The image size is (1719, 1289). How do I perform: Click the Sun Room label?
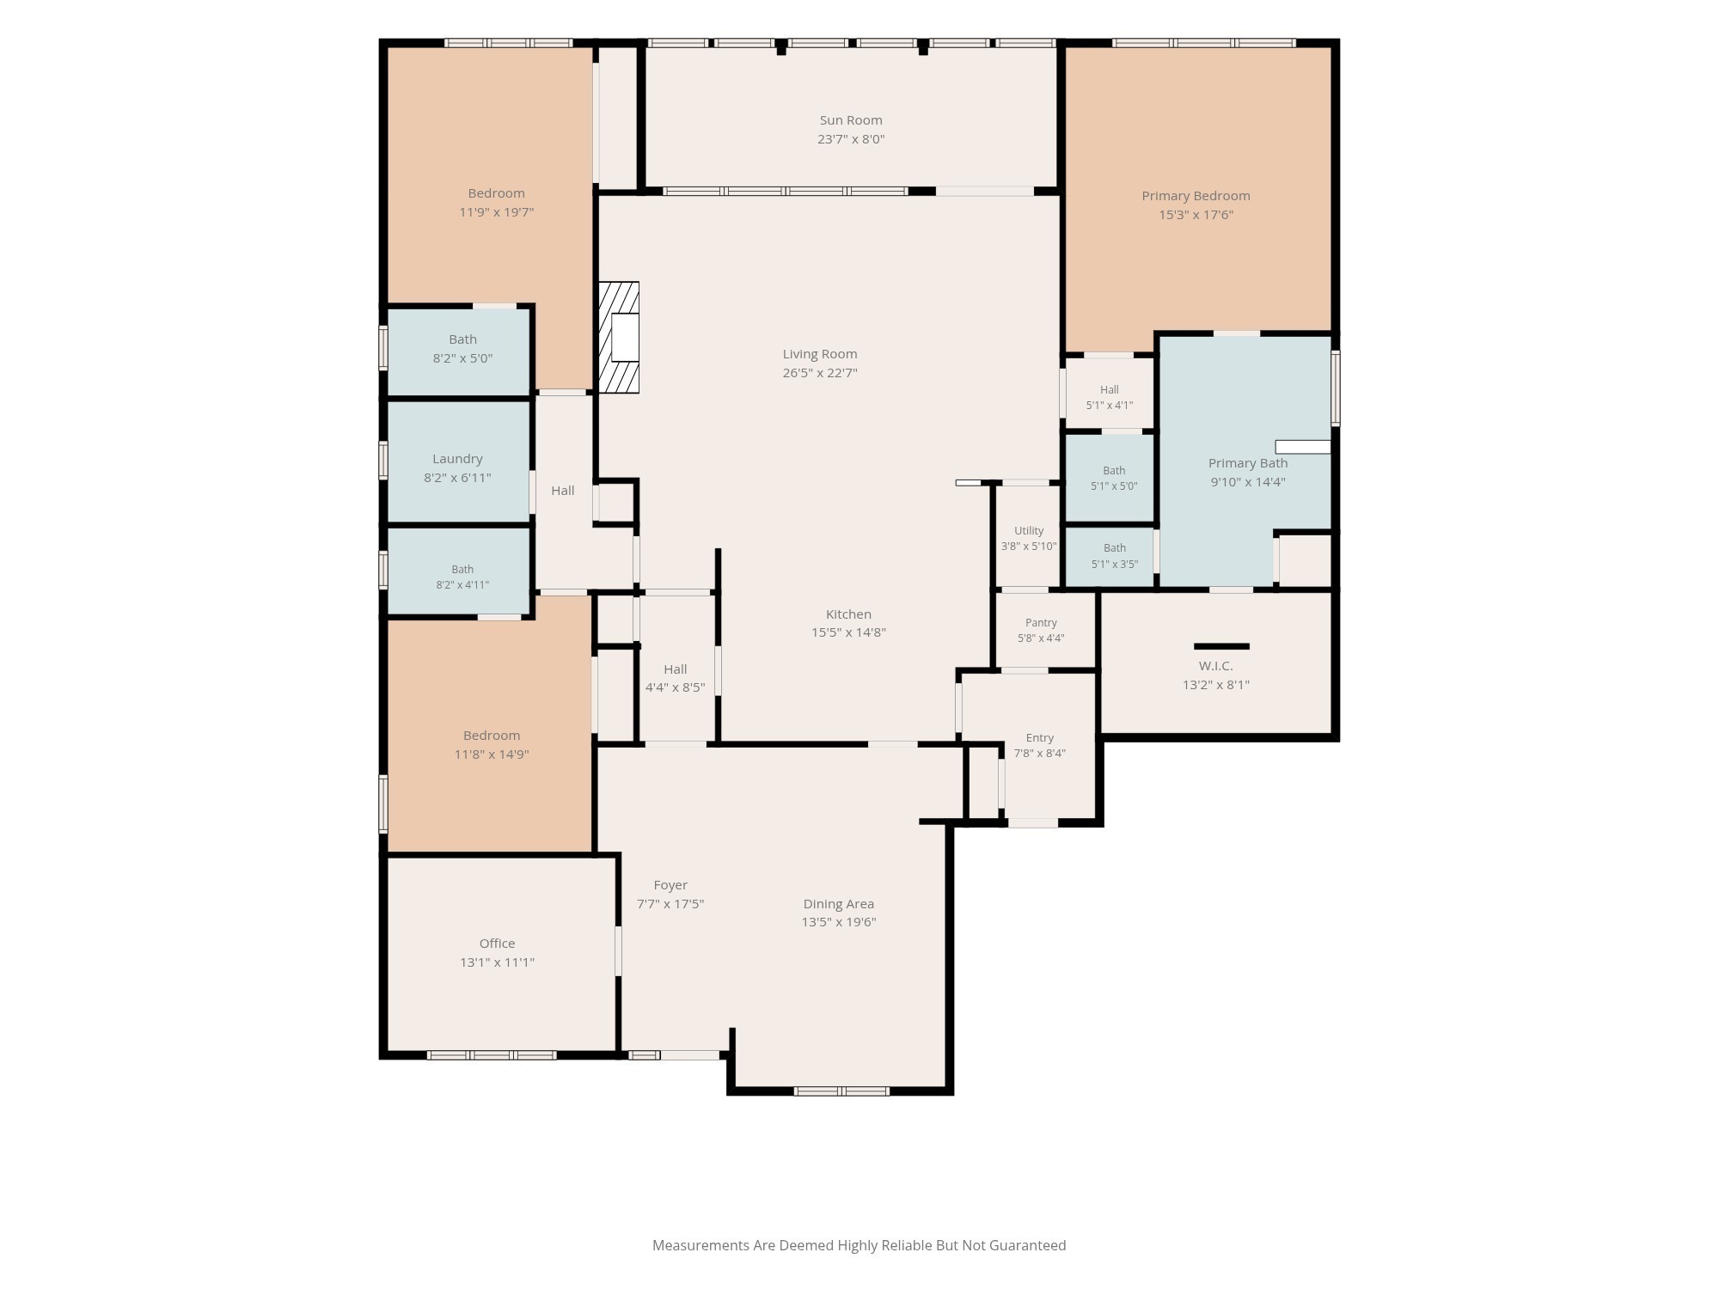(x=851, y=120)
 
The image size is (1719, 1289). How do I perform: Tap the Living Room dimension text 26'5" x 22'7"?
(x=820, y=373)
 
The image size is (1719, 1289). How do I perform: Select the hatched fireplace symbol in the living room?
(x=619, y=338)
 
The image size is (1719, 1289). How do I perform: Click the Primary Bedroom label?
(x=1196, y=196)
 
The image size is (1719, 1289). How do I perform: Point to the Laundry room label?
(x=457, y=459)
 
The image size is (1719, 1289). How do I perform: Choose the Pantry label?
(x=1041, y=622)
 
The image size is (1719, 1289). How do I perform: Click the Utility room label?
(x=1029, y=531)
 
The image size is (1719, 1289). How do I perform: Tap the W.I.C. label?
(x=1216, y=666)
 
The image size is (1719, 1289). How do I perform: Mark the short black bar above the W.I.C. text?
(x=1221, y=646)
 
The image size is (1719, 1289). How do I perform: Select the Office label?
(x=497, y=944)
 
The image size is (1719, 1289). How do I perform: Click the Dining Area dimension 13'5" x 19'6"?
(x=839, y=922)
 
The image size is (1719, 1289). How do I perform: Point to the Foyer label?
(x=670, y=885)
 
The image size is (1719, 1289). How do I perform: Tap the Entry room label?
(x=1040, y=738)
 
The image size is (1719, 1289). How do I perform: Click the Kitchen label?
(x=848, y=614)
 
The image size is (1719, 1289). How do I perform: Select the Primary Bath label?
(x=1248, y=463)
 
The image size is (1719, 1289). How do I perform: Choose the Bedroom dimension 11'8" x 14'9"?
(x=492, y=754)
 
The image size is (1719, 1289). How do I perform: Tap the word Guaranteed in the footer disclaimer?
(x=1027, y=1245)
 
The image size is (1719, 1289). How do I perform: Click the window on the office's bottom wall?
(x=492, y=1055)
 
